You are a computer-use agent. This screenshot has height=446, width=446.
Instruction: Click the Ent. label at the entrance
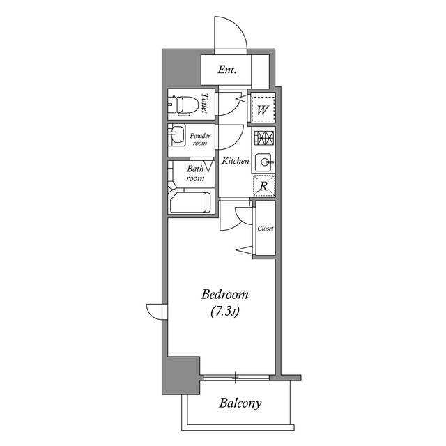pyautogui.click(x=226, y=70)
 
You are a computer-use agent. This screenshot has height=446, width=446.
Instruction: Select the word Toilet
pyautogui.click(x=205, y=105)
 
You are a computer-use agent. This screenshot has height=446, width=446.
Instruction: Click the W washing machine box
pyautogui.click(x=263, y=109)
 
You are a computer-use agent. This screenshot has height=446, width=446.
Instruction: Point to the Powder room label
pyautogui.click(x=199, y=139)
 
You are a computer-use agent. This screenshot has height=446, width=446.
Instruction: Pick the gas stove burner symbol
pyautogui.click(x=263, y=137)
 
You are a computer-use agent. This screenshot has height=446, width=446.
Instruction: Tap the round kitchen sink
pyautogui.click(x=264, y=162)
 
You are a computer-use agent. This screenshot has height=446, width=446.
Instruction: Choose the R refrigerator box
pyautogui.click(x=263, y=186)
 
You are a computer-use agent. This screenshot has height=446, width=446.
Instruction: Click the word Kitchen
pyautogui.click(x=236, y=161)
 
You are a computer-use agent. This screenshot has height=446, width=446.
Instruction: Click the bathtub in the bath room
pyautogui.click(x=190, y=202)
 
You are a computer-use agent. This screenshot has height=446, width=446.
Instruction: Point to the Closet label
pyautogui.click(x=265, y=229)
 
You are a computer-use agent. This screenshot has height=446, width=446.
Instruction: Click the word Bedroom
pyautogui.click(x=225, y=295)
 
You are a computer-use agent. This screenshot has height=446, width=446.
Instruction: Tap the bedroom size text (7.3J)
pyautogui.click(x=225, y=312)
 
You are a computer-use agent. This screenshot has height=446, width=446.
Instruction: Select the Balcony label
pyautogui.click(x=240, y=403)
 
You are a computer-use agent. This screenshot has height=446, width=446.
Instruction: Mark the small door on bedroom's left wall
pyautogui.click(x=155, y=310)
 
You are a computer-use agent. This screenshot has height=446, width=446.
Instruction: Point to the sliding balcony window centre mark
pyautogui.click(x=235, y=378)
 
